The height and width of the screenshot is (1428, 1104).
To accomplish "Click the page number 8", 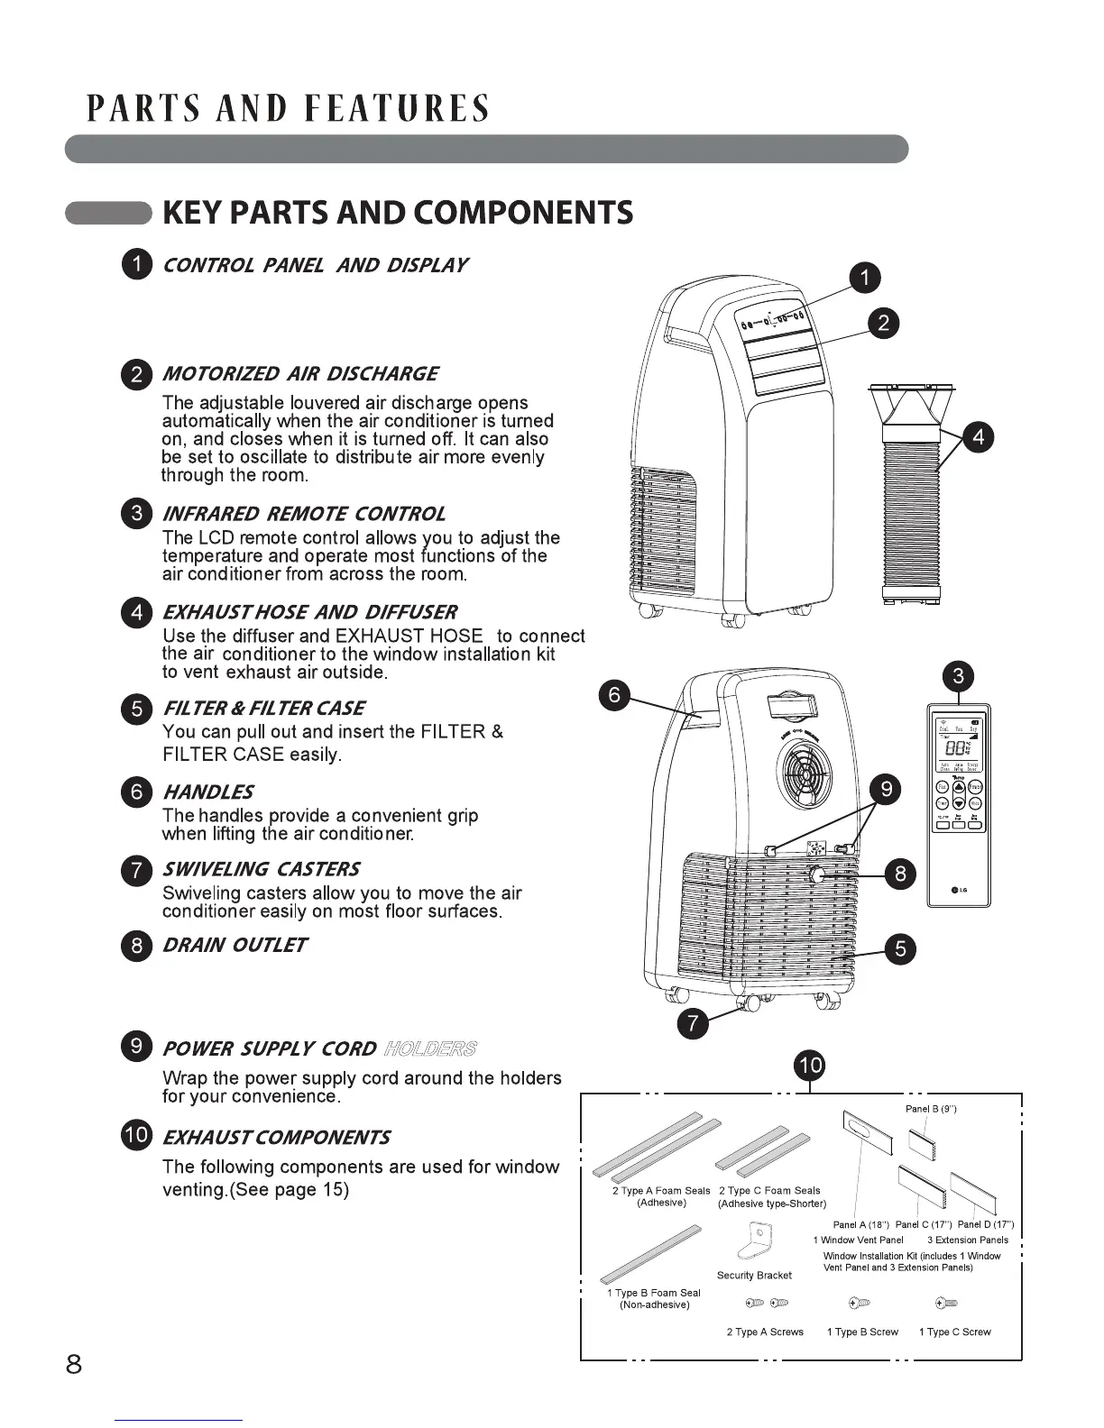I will pos(74,1364).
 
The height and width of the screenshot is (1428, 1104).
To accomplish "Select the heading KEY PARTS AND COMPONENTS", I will pos(397,213).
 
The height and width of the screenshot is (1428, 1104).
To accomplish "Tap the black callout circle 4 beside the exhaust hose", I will pos(979,438).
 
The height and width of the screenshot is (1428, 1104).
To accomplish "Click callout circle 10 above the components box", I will pos(809,1066).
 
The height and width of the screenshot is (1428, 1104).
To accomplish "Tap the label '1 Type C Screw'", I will pos(954,1332).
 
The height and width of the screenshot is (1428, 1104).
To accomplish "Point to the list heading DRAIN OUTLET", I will pos(235,945).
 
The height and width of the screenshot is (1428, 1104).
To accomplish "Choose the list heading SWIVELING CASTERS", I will pos(261,869).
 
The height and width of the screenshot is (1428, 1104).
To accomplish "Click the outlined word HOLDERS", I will pos(430,1048).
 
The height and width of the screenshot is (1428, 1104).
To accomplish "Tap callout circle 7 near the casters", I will pos(693,1023).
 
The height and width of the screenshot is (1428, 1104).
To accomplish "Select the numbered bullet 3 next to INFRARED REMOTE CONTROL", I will pos(137,514).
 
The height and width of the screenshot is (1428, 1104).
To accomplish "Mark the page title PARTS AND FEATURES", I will pos(289,108).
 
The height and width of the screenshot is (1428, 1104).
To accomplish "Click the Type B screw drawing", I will pos(860,1304).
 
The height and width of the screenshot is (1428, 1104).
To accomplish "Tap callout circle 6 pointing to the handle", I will pos(614,695).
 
